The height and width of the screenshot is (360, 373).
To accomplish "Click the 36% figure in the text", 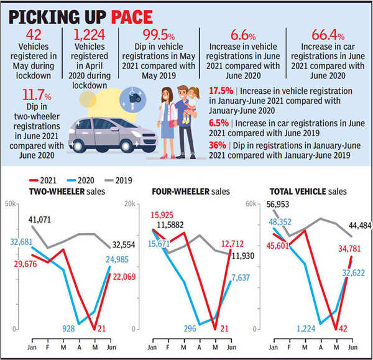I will pos(217,145).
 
